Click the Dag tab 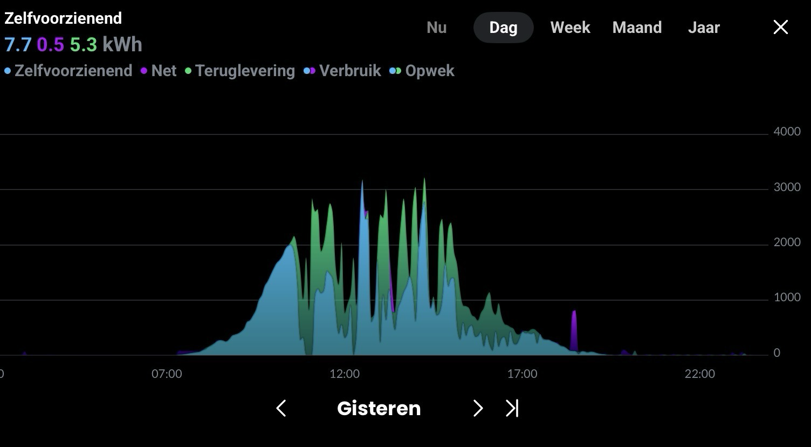(503, 28)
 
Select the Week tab (571, 28)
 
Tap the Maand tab (637, 28)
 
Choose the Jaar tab (704, 28)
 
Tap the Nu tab (437, 28)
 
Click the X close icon (781, 27)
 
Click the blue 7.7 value (18, 45)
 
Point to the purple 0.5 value (50, 45)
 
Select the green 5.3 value (83, 45)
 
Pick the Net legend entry (159, 71)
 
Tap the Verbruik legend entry (342, 71)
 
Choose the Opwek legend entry (422, 71)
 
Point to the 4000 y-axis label (787, 131)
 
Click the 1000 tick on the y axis (787, 297)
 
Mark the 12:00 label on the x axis (345, 374)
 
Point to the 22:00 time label (700, 374)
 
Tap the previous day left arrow (281, 408)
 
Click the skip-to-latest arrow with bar (512, 408)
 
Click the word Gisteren (379, 409)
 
